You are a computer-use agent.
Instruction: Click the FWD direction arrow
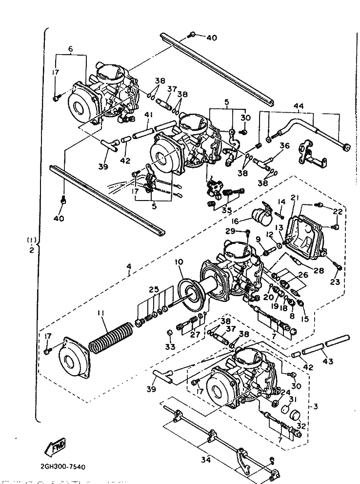[56, 446]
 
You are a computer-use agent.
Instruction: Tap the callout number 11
[101, 313]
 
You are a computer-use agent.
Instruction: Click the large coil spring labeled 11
[111, 337]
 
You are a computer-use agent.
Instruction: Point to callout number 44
[299, 106]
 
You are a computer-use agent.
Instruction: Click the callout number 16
[236, 221]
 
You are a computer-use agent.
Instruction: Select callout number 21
[293, 198]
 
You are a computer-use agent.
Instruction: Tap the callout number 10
[179, 262]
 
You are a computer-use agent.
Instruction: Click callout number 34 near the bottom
[206, 460]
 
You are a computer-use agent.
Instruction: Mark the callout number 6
[70, 49]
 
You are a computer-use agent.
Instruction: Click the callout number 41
[149, 115]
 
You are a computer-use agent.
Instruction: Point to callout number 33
[170, 346]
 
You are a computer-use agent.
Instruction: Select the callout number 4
[129, 266]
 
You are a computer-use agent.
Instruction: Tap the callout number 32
[301, 426]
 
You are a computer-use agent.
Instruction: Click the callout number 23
[335, 282]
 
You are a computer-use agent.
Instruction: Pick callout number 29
[230, 231]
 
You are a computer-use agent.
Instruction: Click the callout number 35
[226, 211]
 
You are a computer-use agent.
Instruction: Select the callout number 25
[154, 290]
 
